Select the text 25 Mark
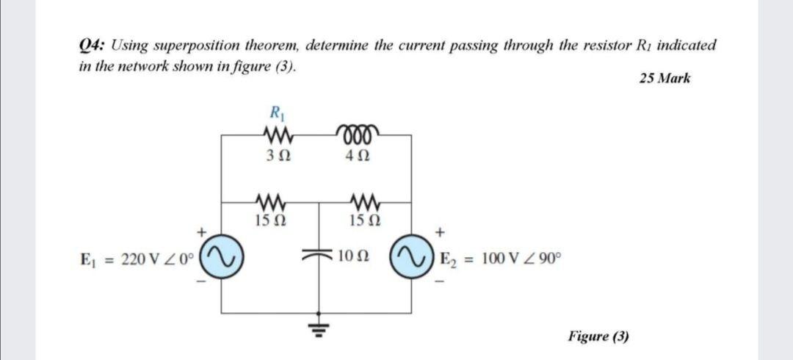pos(665,79)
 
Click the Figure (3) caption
pos(598,336)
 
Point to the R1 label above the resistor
pos(276,114)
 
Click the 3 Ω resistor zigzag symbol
pos(276,134)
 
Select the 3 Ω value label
pos(276,156)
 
